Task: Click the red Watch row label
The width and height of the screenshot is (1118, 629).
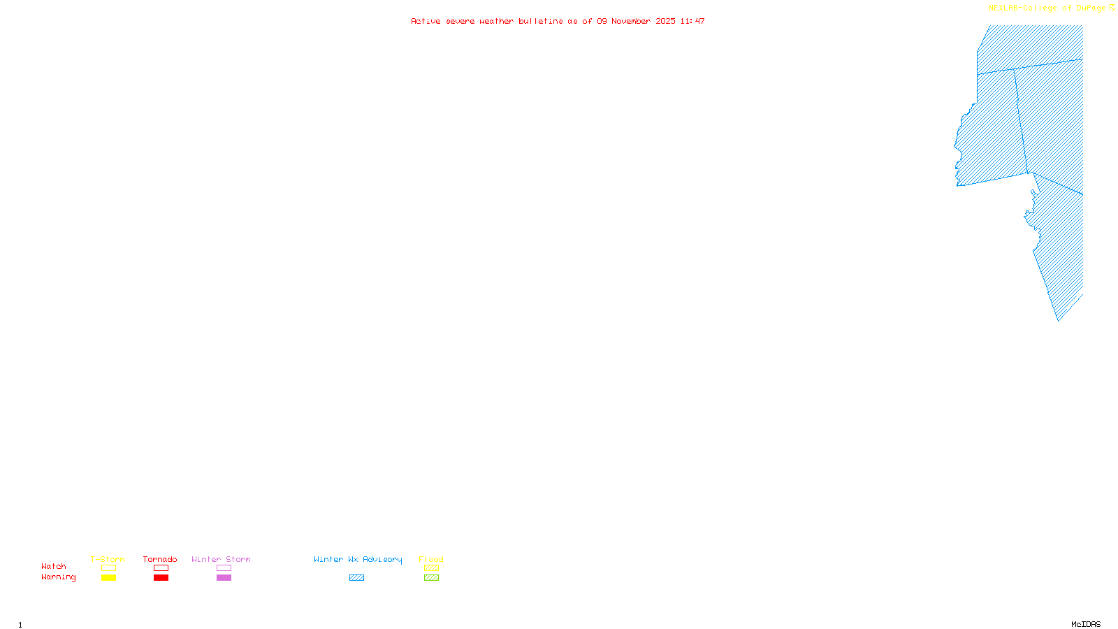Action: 54,567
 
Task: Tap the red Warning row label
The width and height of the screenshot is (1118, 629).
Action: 59,577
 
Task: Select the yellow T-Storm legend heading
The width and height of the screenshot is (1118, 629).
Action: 108,559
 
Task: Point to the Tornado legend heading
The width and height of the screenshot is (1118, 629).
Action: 160,559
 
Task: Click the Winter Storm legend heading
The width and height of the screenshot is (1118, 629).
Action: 221,559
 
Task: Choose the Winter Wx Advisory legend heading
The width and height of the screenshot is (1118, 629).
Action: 358,559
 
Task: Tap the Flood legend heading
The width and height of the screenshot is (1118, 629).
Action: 431,559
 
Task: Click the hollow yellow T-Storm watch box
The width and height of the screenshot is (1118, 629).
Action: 108,568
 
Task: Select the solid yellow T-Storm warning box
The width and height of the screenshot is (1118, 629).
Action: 108,578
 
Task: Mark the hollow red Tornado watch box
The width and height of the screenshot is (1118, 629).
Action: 161,568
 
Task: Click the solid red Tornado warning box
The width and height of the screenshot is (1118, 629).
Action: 161,578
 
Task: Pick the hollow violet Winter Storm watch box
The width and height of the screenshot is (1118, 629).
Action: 224,568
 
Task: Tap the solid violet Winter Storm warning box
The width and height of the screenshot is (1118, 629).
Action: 224,578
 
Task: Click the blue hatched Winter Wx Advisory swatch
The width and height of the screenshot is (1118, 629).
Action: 356,578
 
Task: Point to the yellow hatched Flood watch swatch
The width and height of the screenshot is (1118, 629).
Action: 431,568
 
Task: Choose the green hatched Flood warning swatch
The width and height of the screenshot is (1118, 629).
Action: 431,578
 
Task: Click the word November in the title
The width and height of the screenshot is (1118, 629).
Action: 631,21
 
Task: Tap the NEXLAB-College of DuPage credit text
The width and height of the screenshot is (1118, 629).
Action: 1047,8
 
